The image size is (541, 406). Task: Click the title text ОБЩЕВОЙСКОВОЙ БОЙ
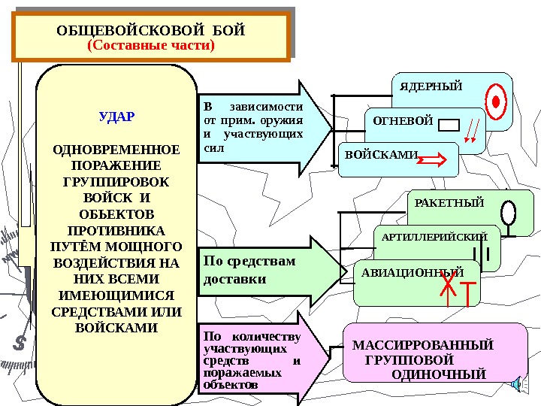pos(151,31)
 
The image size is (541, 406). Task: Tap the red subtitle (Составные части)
pos(151,46)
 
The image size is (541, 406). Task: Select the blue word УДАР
pos(116,117)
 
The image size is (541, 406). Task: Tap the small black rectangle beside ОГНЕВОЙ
pos(449,126)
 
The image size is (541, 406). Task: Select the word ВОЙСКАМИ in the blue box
pos(381,155)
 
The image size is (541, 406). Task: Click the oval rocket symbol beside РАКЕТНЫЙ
pos(509,212)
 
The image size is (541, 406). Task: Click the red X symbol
pos(447,286)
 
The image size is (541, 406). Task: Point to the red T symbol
pos(468,293)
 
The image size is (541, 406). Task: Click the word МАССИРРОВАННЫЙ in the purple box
pos(423,345)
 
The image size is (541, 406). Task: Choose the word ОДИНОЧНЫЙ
pos(440,373)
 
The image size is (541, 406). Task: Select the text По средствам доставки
pos(249,270)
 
